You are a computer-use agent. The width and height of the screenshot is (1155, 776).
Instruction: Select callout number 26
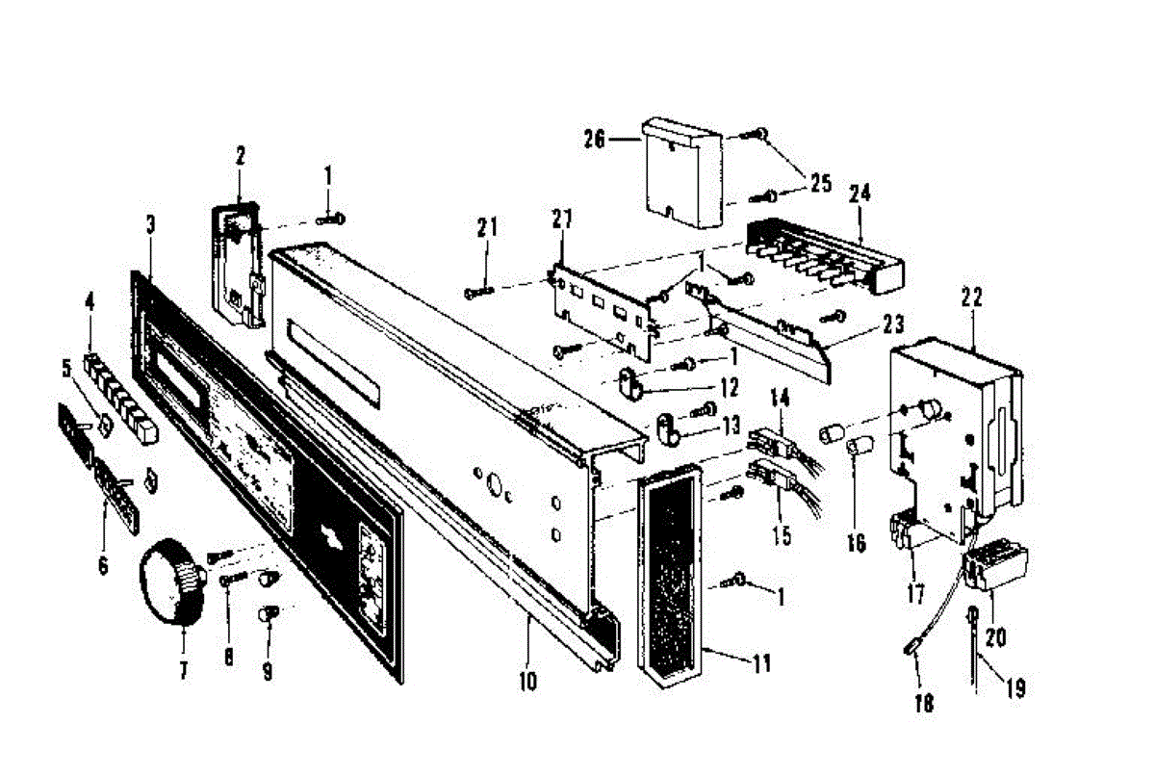coord(594,140)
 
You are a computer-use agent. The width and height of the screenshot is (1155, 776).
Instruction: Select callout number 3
coord(150,226)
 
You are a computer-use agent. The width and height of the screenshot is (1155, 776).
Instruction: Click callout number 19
coord(1015,688)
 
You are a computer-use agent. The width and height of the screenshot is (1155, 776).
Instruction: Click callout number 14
coord(780,397)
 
